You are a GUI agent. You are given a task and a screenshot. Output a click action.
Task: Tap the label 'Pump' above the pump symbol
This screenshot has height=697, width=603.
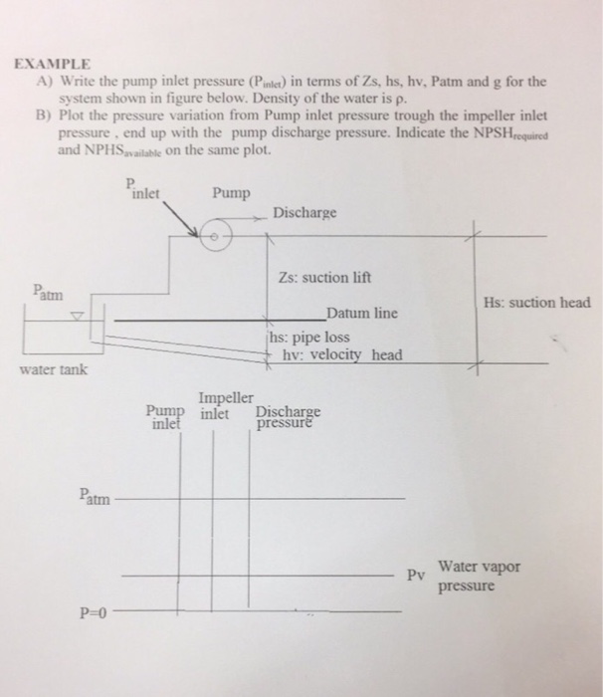[231, 192]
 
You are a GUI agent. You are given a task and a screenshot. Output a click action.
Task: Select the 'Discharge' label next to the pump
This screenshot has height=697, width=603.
[306, 213]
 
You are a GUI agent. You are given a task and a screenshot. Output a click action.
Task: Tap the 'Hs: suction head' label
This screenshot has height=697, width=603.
[536, 302]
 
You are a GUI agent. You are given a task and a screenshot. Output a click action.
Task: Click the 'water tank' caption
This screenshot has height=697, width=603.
[53, 371]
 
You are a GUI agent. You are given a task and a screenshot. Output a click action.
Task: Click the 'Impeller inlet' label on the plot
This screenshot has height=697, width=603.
[216, 403]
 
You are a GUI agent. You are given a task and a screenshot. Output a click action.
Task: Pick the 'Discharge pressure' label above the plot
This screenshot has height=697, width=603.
[288, 416]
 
